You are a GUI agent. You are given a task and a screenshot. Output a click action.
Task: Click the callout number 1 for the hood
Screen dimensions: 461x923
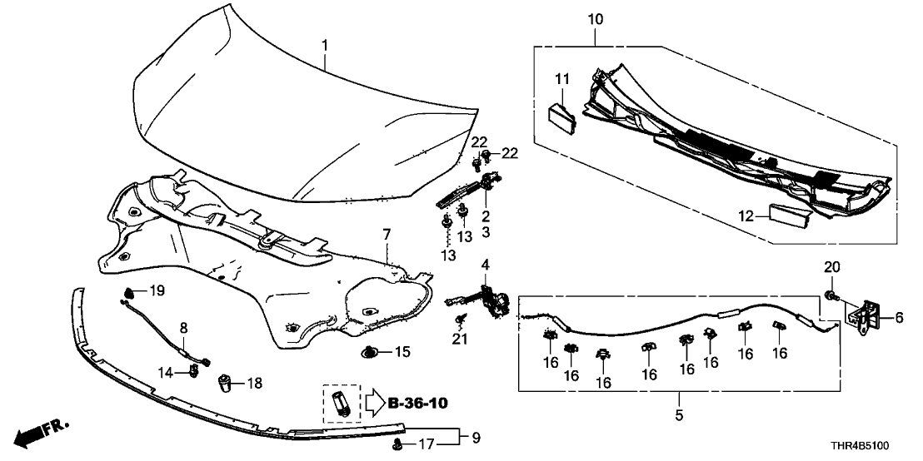[x=326, y=44]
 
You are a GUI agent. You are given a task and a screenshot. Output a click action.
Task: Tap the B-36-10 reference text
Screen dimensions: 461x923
[x=417, y=404]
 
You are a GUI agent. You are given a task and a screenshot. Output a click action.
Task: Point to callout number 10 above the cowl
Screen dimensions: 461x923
[x=596, y=18]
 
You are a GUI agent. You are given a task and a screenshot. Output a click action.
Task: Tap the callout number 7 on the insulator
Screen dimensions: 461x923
[x=386, y=236]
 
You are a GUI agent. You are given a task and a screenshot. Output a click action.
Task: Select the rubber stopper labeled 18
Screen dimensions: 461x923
[x=224, y=384]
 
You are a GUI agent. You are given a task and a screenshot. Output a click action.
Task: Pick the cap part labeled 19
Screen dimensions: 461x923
[x=129, y=291]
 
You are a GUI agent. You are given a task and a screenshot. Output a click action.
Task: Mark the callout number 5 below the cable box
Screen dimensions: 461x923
[x=678, y=414]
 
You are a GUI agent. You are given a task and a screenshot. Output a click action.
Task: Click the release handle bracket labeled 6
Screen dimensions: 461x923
[x=866, y=315]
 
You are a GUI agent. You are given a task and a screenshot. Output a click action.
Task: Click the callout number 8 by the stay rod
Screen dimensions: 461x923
[x=184, y=328]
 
